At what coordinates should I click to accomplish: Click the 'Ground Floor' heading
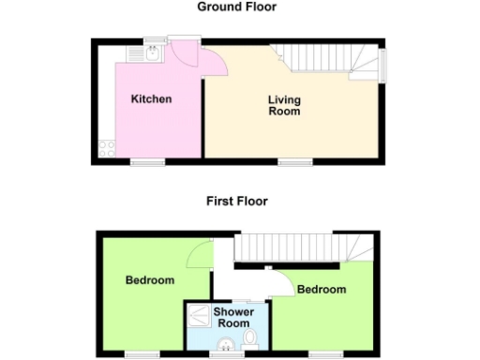coord(236,7)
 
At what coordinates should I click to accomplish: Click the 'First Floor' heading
coord(237,201)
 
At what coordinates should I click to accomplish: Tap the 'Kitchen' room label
coord(151,99)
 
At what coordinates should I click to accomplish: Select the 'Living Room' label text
coord(284,105)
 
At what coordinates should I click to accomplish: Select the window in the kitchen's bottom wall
coord(146,162)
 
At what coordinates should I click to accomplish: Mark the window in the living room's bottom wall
coord(294,162)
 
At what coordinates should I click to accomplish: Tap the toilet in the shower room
coord(249,337)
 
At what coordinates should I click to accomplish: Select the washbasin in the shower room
coord(224,348)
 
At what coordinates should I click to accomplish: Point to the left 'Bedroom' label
coord(150,280)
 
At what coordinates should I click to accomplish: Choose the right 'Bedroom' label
coord(322,290)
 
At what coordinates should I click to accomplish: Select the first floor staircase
coord(300,248)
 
